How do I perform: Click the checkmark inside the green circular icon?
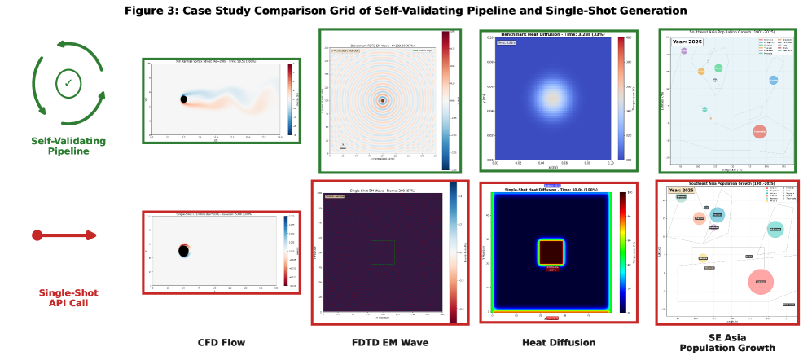68,83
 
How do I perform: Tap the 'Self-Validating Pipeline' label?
68,146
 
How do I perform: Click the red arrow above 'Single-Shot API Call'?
64,235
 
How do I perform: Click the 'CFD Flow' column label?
222,342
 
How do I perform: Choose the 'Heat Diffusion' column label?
559,342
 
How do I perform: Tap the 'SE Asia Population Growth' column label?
727,342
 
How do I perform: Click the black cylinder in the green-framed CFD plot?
183,99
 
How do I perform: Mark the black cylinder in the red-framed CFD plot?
184,250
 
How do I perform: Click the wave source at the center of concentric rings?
382,100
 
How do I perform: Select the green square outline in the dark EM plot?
382,252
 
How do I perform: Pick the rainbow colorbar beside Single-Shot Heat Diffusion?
623,252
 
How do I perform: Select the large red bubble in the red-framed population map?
760,281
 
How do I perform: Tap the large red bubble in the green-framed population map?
759,130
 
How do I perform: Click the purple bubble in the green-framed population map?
683,50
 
